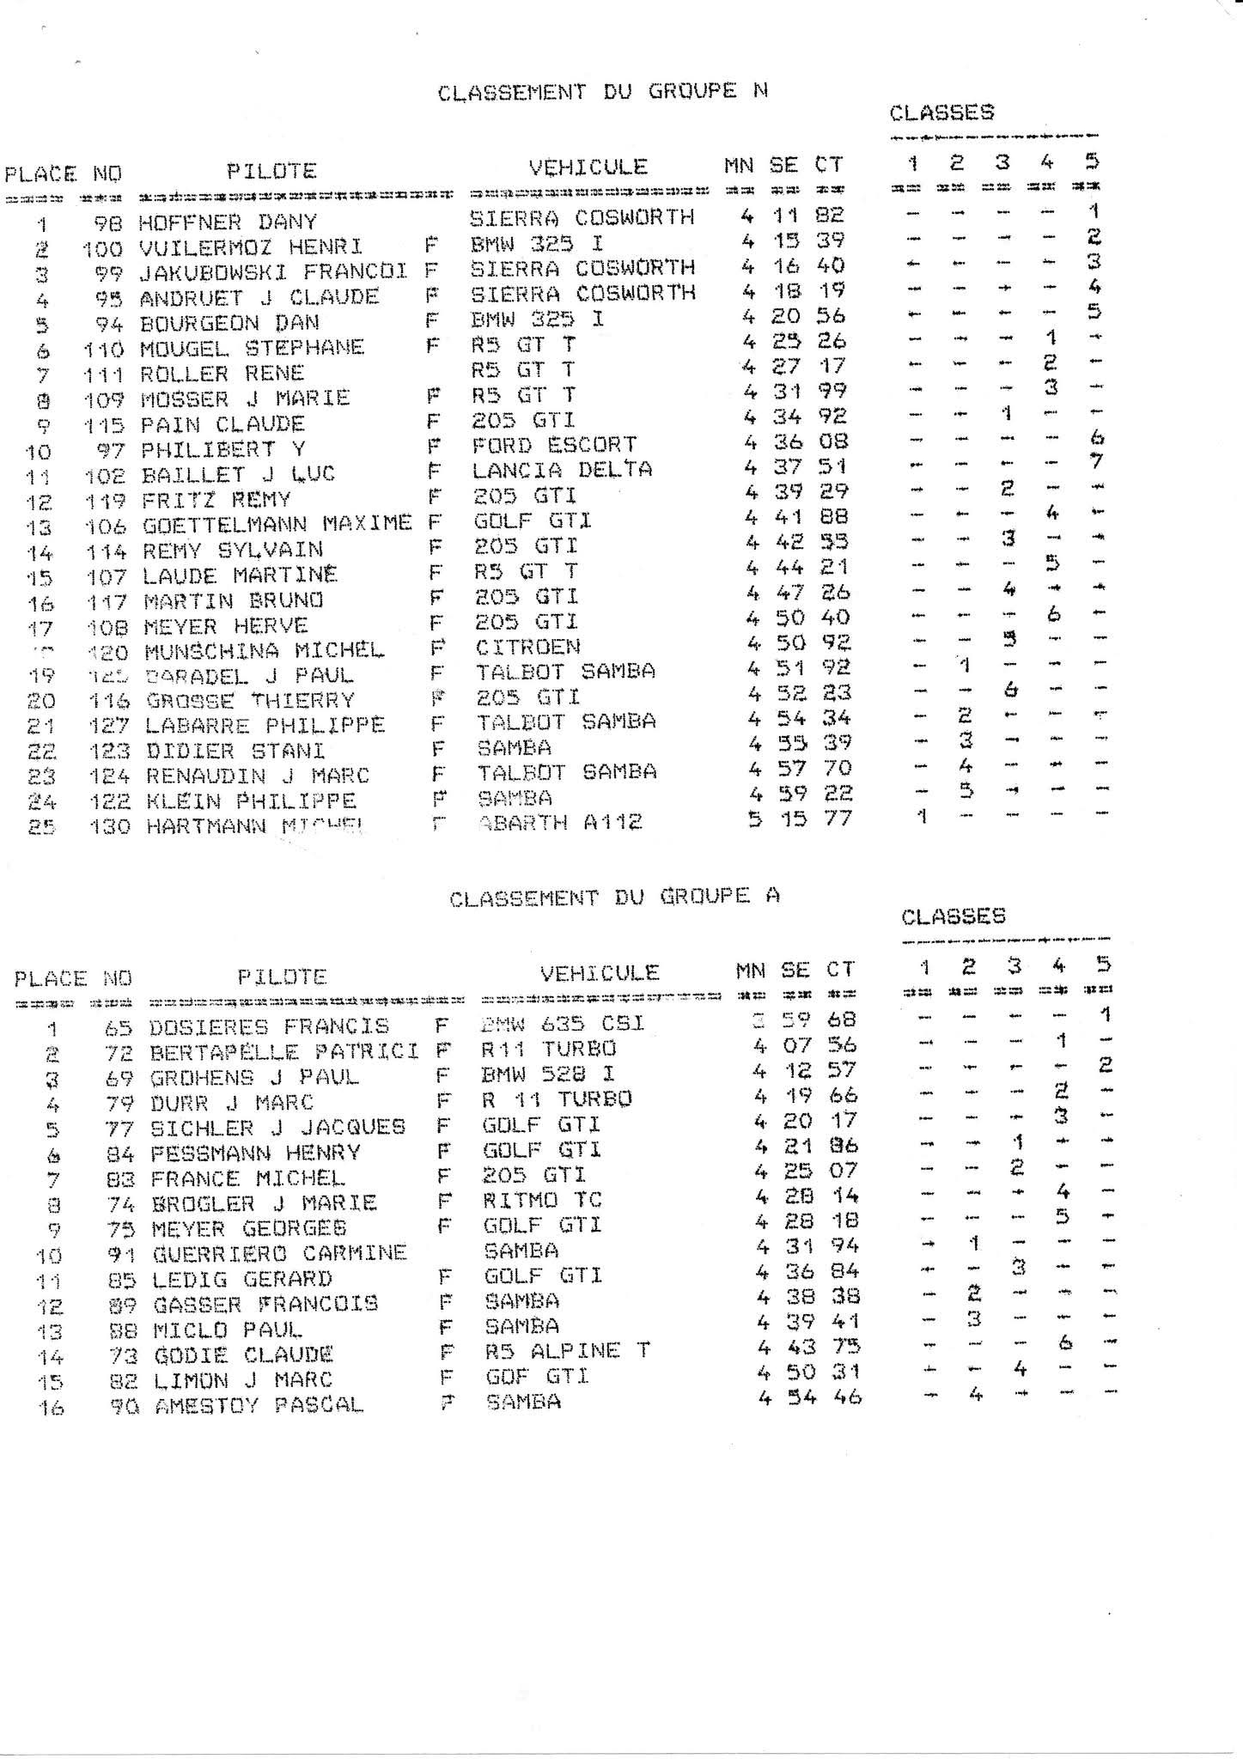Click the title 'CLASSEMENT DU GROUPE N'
602,92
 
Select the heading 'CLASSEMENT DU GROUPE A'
614,897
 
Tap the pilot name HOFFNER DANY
228,222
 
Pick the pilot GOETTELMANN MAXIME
277,522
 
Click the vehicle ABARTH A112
560,823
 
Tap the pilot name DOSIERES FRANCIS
269,1026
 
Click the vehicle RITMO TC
542,1200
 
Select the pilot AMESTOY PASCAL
259,1406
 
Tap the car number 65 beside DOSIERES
120,1027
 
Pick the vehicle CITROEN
527,646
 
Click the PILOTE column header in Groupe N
271,171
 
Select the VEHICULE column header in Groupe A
600,973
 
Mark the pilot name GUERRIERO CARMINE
279,1253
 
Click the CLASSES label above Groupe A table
953,916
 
